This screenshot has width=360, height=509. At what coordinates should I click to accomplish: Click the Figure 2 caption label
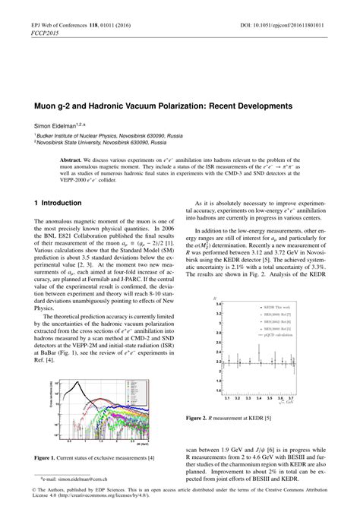217,417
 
